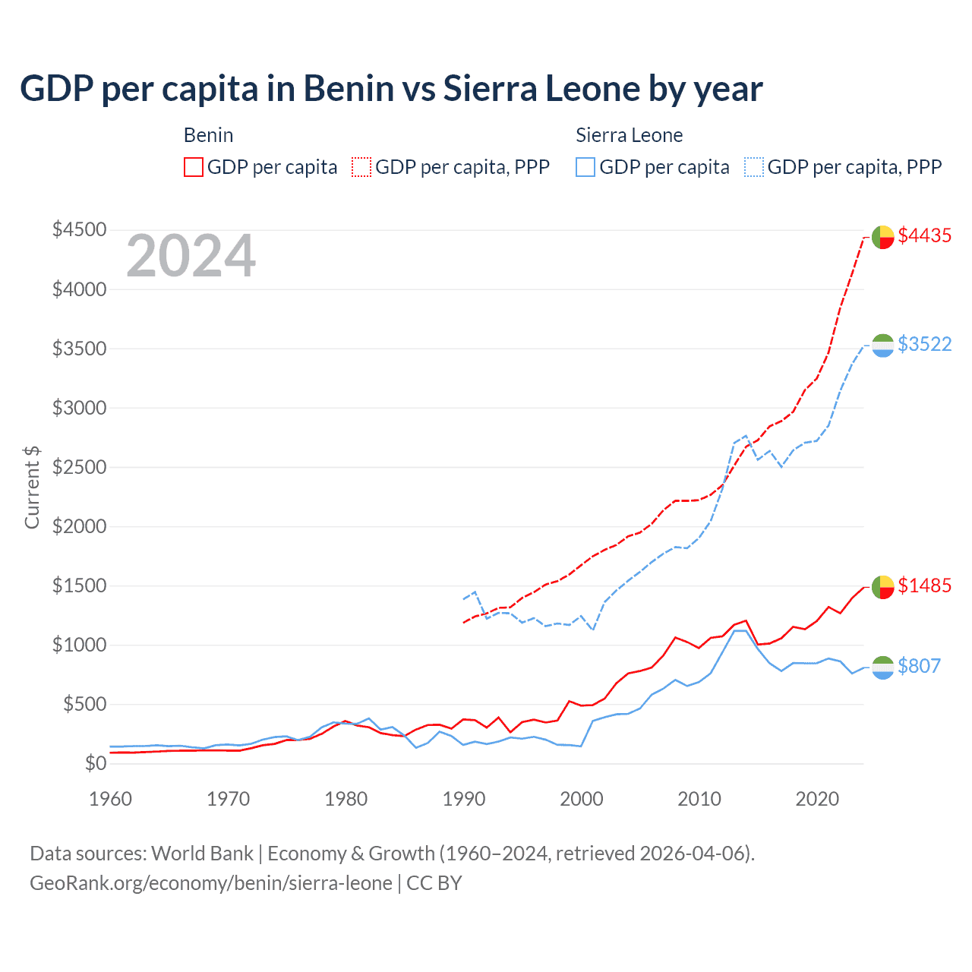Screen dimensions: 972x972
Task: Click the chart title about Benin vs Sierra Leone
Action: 391,89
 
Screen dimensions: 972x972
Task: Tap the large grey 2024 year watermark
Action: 191,257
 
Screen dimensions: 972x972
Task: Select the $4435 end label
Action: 924,235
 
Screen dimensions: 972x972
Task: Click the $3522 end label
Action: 924,344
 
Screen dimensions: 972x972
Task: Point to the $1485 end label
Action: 924,585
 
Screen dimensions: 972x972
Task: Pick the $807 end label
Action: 919,666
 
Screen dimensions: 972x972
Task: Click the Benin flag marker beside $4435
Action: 882,237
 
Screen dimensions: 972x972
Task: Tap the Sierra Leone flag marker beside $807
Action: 882,667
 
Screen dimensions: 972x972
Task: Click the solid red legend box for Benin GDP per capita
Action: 194,167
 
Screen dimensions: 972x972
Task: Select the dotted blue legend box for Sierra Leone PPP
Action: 754,167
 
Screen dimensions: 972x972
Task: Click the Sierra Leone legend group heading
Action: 629,135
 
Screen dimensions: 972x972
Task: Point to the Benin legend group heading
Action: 208,135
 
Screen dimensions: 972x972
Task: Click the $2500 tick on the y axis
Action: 79,467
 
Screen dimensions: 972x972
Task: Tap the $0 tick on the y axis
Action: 95,763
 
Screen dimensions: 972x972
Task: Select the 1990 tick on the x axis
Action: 464,799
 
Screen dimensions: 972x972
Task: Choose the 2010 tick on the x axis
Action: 699,799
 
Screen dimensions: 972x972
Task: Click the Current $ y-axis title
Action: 32,488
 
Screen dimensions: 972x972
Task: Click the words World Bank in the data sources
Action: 202,854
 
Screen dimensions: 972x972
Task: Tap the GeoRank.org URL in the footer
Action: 210,883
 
